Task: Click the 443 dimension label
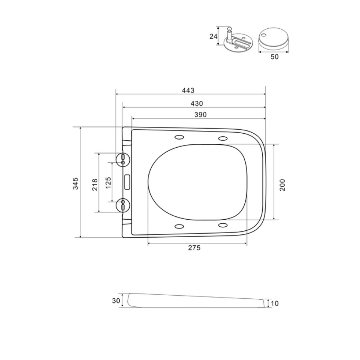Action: (188, 90)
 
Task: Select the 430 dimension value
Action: (197, 104)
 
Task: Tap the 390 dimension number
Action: (200, 114)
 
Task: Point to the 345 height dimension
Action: (76, 183)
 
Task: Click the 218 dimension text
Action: (95, 184)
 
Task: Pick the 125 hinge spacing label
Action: (108, 182)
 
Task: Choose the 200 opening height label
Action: (282, 185)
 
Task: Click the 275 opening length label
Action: (194, 248)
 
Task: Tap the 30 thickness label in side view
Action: (116, 300)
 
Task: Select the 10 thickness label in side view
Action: (274, 304)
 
